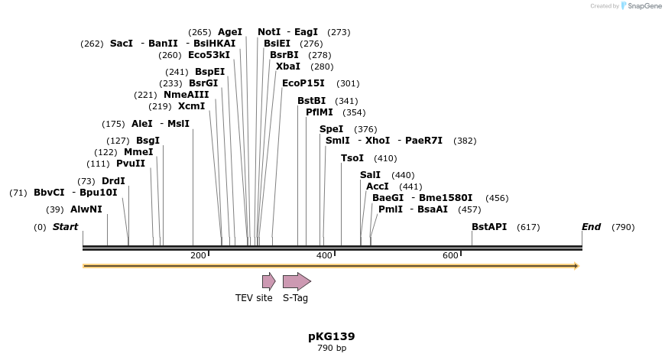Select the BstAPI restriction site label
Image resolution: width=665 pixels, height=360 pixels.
489,227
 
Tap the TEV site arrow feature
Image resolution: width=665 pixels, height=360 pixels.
268,281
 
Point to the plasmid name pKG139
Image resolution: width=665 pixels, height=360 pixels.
332,336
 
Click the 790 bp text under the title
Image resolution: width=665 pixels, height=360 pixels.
332,349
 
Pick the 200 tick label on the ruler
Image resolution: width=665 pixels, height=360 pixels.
197,255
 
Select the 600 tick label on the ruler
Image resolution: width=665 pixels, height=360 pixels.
450,255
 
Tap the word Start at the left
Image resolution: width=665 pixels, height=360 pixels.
65,227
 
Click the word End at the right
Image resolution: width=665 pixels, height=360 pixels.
591,227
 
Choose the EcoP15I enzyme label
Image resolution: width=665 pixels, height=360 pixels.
303,83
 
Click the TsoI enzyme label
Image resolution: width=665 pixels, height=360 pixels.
352,158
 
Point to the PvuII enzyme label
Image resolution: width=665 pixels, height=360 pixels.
131,164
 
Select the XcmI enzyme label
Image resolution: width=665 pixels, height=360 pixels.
191,106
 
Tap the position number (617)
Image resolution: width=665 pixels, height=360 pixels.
528,227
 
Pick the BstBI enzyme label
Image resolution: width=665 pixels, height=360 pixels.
311,101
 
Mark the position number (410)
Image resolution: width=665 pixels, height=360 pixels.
385,158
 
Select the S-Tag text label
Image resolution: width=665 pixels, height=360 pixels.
295,298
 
